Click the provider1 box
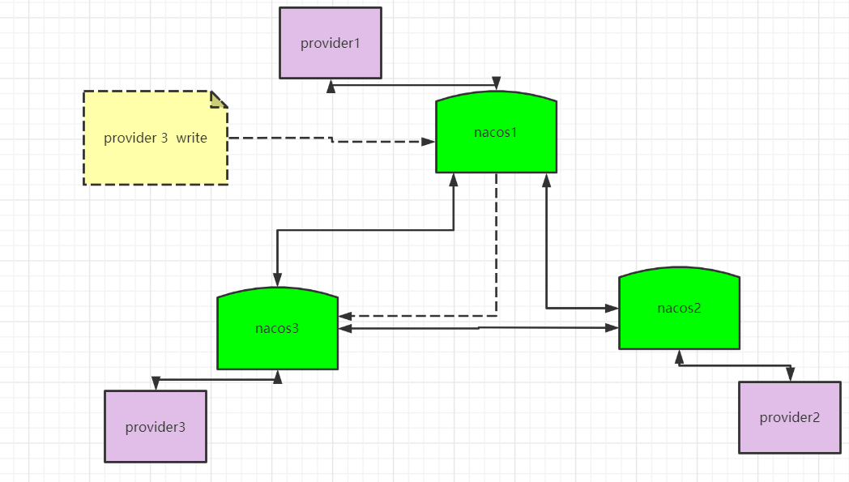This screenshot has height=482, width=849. [331, 43]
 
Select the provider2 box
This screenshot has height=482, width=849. [790, 417]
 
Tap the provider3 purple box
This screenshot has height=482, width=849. [156, 427]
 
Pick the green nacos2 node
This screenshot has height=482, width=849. [679, 308]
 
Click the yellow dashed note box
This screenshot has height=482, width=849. [156, 138]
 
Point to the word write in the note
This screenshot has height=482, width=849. [192, 138]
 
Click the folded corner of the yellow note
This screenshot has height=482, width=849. [218, 100]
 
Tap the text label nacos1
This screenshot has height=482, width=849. [496, 133]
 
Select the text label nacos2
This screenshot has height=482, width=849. [679, 308]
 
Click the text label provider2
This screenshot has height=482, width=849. [789, 417]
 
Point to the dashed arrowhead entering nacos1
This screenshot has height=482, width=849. [429, 142]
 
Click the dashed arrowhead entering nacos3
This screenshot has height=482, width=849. [345, 316]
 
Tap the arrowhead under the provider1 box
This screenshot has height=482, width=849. [331, 87]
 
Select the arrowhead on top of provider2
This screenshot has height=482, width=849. [791, 373]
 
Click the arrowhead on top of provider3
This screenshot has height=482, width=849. [156, 383]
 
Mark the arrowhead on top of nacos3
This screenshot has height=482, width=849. [277, 279]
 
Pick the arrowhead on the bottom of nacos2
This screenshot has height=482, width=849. [679, 356]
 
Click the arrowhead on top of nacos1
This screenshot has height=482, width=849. [497, 83]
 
